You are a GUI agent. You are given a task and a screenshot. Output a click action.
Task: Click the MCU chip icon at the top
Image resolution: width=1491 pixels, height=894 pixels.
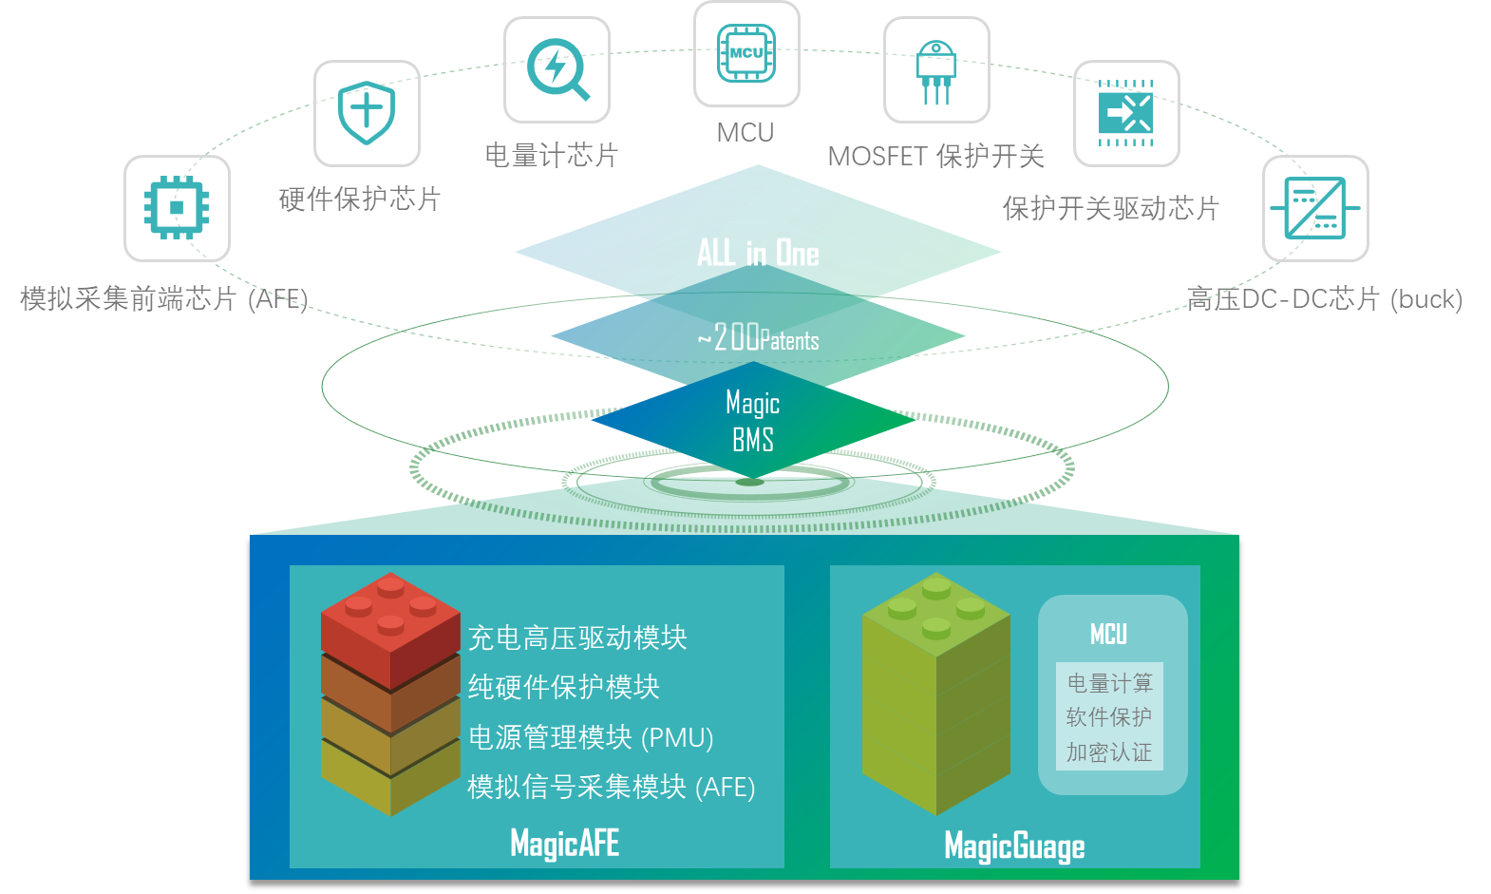[746, 53]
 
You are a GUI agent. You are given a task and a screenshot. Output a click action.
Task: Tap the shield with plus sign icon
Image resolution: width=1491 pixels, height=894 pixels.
[366, 112]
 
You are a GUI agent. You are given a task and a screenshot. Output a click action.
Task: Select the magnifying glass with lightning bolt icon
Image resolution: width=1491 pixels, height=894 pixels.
[557, 69]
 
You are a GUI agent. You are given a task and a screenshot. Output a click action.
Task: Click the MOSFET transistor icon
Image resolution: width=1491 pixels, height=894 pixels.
[935, 72]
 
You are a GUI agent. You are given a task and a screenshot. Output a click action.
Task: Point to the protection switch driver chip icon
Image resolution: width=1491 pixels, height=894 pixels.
[1125, 112]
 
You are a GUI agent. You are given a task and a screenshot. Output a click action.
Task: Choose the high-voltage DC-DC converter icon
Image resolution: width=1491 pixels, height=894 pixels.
[1315, 208]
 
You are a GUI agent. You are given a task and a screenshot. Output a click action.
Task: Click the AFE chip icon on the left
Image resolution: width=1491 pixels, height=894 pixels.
[177, 208]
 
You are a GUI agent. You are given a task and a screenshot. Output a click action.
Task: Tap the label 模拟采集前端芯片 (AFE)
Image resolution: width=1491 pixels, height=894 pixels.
[163, 299]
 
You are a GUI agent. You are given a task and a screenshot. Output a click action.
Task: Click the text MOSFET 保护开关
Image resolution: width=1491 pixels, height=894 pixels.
[935, 157]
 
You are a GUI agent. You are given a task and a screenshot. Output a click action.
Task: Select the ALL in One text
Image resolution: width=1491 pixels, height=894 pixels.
[758, 253]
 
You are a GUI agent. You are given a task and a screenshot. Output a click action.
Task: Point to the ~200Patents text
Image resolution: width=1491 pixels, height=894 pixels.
[758, 337]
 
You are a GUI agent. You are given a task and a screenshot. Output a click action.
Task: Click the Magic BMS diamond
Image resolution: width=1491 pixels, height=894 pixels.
[753, 420]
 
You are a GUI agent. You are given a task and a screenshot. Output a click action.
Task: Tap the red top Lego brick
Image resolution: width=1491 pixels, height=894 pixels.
[390, 631]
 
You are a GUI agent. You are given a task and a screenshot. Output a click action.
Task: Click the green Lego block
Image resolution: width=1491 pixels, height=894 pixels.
[935, 694]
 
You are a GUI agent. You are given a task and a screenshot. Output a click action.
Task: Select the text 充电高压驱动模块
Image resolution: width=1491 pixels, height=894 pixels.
[577, 637]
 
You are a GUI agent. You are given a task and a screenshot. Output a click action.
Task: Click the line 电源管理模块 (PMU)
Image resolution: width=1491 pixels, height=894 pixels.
[591, 737]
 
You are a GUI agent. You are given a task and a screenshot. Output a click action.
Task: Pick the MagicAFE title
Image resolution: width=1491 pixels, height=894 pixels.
[564, 843]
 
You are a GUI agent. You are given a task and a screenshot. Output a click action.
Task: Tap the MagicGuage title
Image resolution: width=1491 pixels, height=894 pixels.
[1014, 846]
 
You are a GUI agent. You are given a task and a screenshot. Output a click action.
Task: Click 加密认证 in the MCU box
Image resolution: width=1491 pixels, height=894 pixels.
[1109, 752]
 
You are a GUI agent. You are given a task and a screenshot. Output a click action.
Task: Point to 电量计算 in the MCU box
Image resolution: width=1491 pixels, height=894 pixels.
[1109, 683]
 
